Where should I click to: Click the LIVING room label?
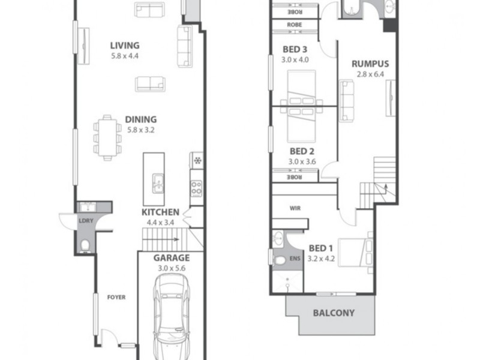(x=125, y=45)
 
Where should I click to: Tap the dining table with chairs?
(x=107, y=137)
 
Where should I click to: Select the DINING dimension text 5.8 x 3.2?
(x=140, y=129)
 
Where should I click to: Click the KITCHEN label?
(x=160, y=212)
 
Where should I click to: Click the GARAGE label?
(x=170, y=258)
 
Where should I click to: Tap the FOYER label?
(x=116, y=297)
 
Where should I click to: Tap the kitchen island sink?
(x=158, y=182)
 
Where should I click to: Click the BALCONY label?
(x=333, y=313)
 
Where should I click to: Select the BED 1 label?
(x=321, y=248)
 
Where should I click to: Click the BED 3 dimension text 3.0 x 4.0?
(x=295, y=59)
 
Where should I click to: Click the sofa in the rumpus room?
(x=347, y=100)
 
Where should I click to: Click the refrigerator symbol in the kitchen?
(x=197, y=160)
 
